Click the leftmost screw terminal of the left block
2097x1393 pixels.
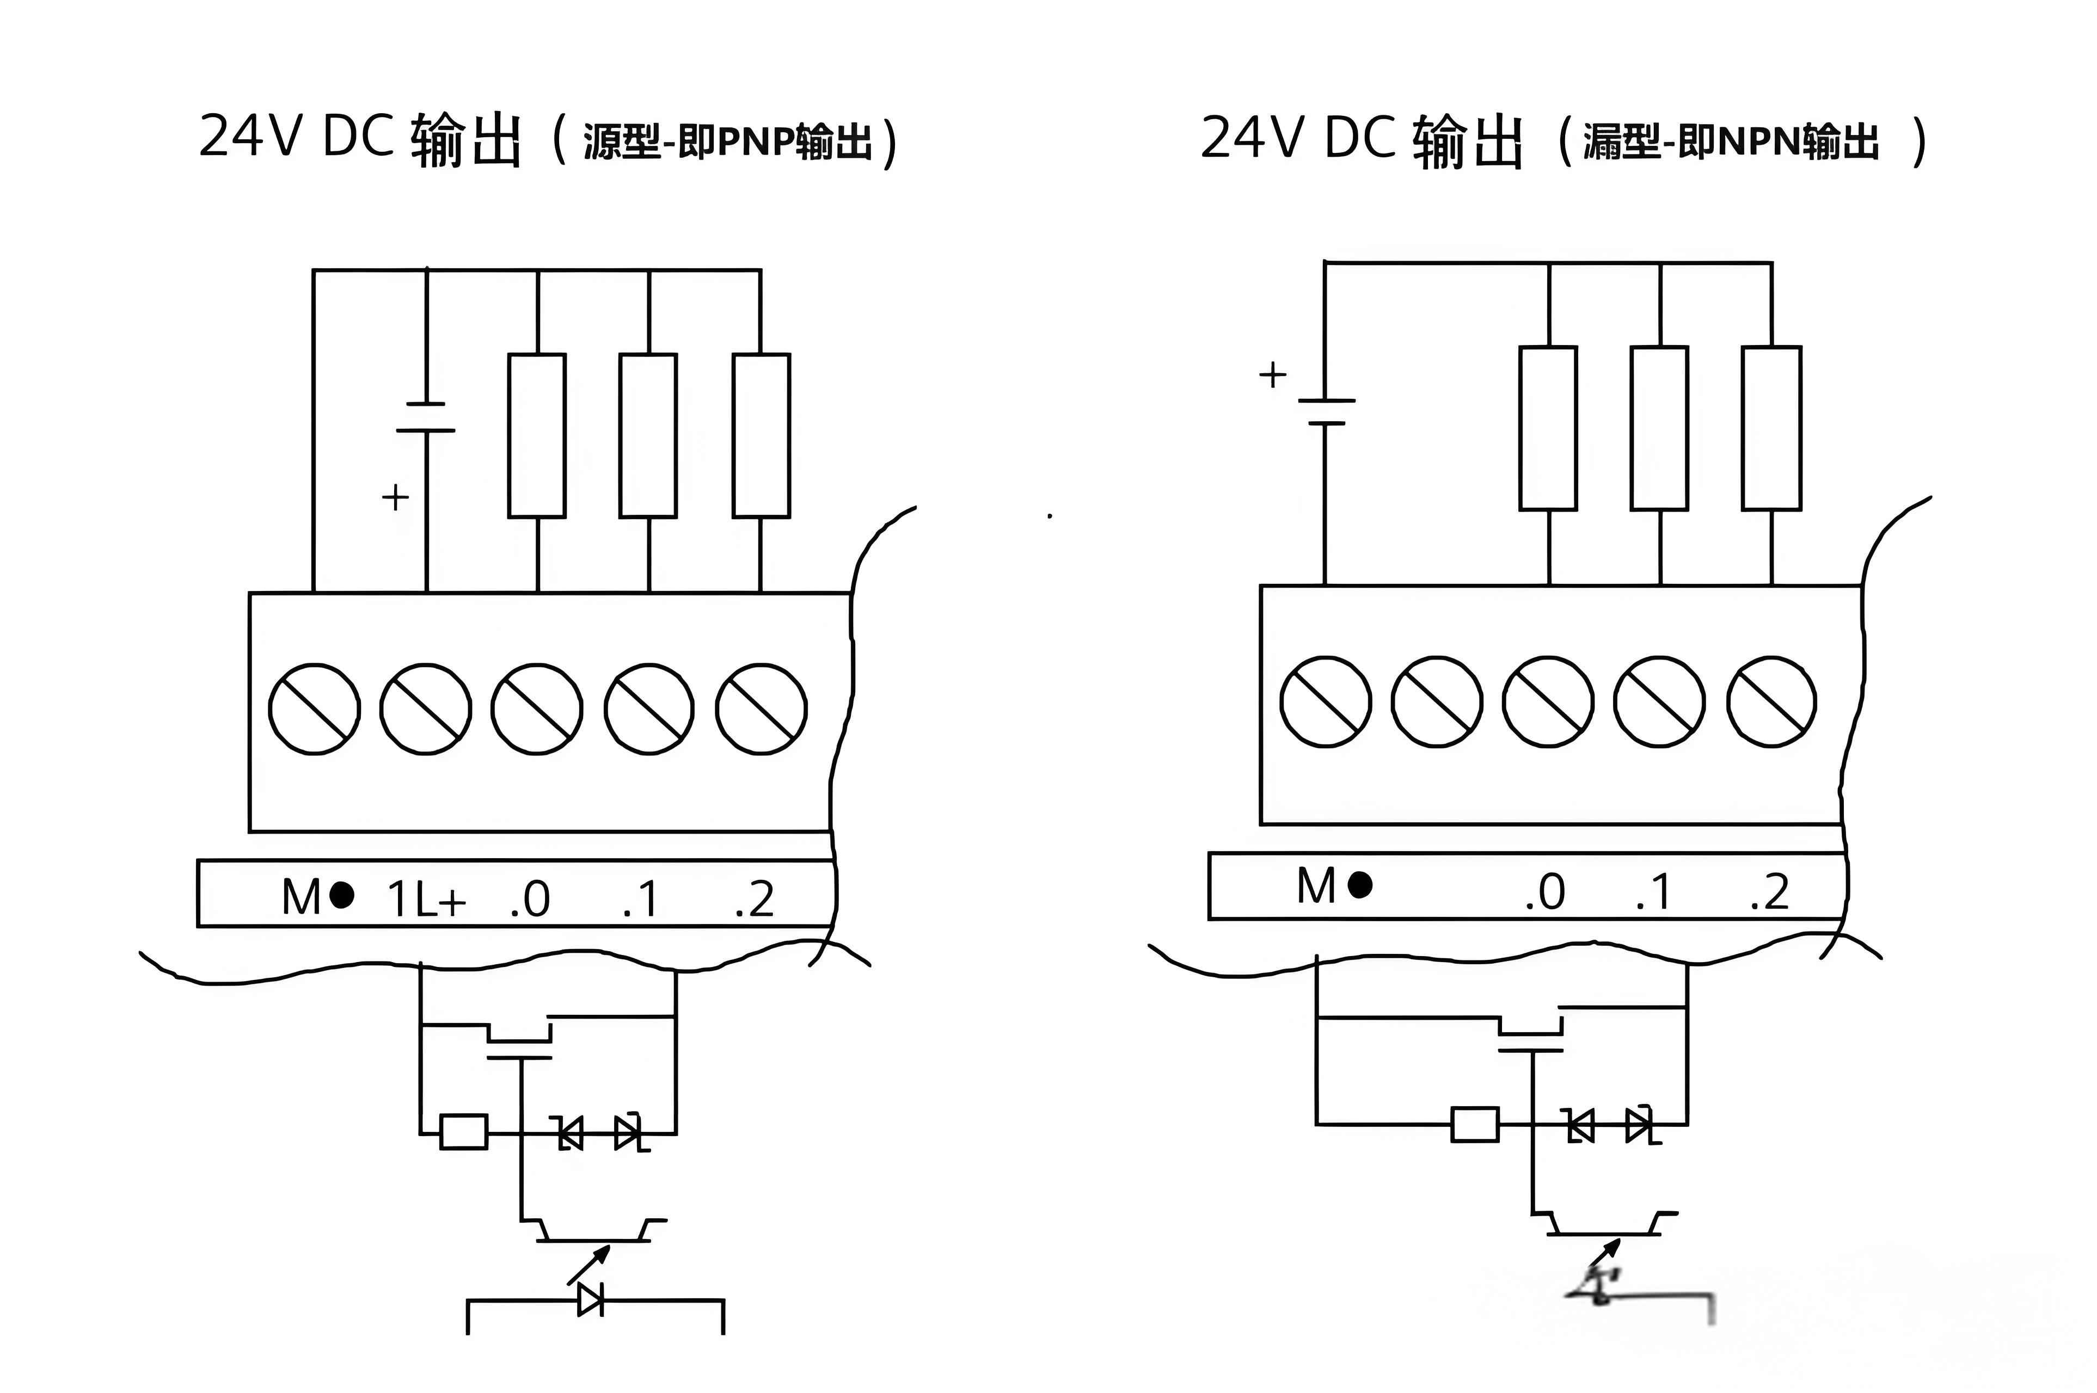click(315, 709)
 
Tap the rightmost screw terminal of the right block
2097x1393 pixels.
click(1771, 702)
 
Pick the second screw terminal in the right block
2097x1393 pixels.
click(1436, 702)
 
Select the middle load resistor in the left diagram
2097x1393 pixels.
click(648, 435)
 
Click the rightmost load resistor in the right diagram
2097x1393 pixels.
click(1771, 428)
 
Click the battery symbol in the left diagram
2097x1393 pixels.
click(426, 417)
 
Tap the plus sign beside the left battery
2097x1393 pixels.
click(395, 497)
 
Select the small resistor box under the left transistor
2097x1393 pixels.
click(464, 1132)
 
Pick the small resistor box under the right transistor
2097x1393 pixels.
click(1475, 1124)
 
